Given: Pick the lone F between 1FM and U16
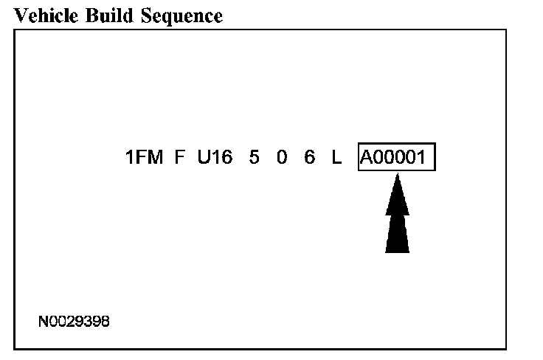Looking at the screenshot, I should pyautogui.click(x=179, y=159).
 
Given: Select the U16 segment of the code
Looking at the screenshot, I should pyautogui.click(x=214, y=159).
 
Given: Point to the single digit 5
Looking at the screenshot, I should pyautogui.click(x=254, y=159).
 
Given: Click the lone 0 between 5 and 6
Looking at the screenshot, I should pyautogui.click(x=282, y=159).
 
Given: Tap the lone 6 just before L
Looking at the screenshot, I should pyautogui.click(x=309, y=159).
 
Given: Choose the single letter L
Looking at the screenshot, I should pyautogui.click(x=336, y=159).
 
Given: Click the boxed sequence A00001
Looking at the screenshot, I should pyautogui.click(x=397, y=159).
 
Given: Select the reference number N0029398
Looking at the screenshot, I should pyautogui.click(x=75, y=322).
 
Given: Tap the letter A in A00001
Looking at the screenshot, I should pyautogui.click(x=367, y=159).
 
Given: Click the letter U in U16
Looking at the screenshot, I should pyautogui.click(x=204, y=159).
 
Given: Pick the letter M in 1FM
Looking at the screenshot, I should pyautogui.click(x=155, y=159).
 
